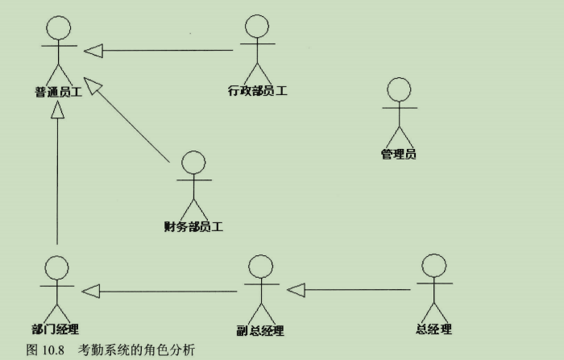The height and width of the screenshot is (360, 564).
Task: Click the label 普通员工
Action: pos(58,93)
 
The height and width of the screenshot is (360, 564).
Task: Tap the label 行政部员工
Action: pos(258,90)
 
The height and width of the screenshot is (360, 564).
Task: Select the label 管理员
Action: pos(399,154)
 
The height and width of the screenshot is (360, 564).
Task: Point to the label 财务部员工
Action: pos(193,226)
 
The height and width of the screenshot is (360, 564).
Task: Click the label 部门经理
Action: pos(56,329)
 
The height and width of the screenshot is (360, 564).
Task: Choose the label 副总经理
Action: pos(260,330)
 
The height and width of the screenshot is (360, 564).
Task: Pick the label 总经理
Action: pos(434,329)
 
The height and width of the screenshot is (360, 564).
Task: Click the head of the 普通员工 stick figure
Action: pos(57,28)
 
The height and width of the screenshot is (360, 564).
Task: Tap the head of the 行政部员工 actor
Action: pos(256,27)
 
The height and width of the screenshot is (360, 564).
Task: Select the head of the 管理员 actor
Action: pos(400,89)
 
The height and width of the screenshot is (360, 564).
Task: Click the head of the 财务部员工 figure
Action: pos(193,163)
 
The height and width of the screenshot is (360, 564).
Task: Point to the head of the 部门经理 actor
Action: pos(56,268)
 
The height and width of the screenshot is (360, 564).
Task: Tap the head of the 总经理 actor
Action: pos(434,266)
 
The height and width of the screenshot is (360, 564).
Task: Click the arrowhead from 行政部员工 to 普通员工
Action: pos(94,51)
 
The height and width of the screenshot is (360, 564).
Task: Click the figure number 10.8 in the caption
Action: pos(51,350)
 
